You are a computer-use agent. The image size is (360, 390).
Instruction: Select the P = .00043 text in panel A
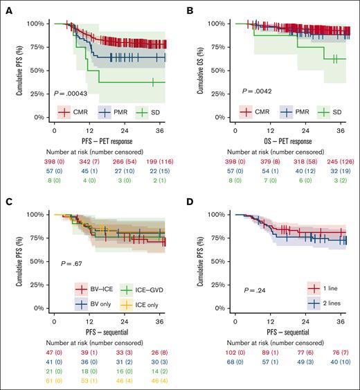(73, 93)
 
